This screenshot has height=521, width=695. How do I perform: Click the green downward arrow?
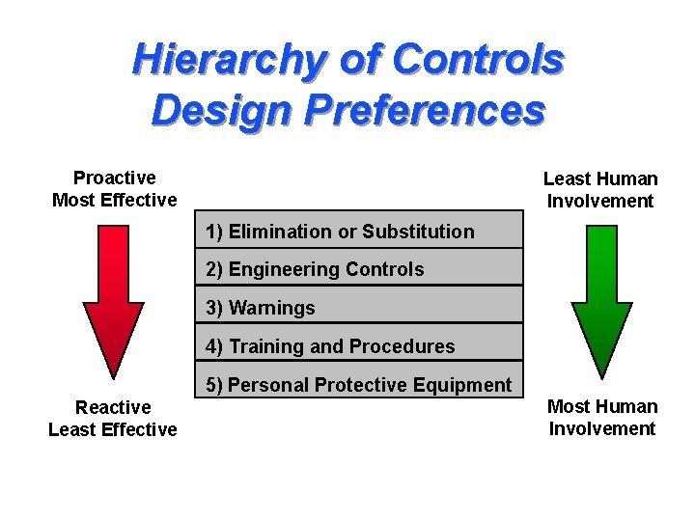(601, 289)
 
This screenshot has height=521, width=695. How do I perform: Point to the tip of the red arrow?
(114, 374)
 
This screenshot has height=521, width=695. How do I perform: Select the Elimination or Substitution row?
(359, 232)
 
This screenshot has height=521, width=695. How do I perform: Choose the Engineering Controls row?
(359, 269)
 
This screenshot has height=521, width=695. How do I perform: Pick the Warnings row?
(359, 308)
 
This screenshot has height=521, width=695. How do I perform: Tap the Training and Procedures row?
(359, 345)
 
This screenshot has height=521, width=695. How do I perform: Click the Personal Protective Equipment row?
(359, 385)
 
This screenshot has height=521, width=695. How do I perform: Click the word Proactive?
(114, 178)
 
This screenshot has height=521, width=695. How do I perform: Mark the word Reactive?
(113, 407)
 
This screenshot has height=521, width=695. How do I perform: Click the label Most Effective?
(114, 201)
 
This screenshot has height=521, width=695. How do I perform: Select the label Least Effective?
(113, 429)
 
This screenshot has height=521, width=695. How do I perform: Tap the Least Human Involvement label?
(600, 190)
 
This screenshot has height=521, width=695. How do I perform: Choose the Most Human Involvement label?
(602, 418)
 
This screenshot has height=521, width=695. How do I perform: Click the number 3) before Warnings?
(214, 308)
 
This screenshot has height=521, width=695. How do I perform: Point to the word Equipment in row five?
(464, 385)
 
